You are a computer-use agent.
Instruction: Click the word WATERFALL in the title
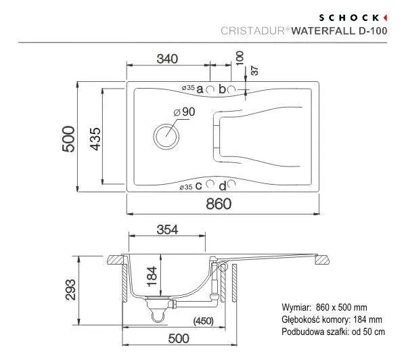tap(323, 31)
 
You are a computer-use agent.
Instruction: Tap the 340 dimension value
tap(168, 59)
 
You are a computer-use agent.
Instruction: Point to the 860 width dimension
tap(219, 204)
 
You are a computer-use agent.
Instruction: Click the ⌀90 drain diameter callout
tap(184, 112)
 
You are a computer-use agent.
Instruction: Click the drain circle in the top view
tap(166, 136)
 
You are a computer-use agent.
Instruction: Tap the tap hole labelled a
tap(210, 89)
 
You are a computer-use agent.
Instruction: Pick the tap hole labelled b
tap(231, 89)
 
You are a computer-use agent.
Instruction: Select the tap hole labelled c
tap(210, 183)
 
